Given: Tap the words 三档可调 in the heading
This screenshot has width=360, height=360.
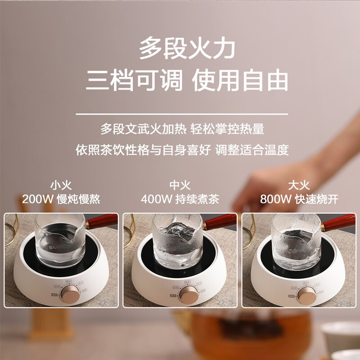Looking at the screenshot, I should (x=135, y=81).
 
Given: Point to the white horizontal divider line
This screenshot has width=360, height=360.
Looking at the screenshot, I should (x=180, y=114).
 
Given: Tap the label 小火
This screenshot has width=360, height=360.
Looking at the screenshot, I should (x=61, y=185).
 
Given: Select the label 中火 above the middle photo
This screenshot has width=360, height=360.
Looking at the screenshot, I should (x=180, y=185).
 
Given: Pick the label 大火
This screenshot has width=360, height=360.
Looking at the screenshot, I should (x=299, y=185).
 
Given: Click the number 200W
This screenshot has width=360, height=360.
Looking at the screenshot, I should (x=38, y=199).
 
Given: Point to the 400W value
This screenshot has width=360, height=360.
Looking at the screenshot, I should (x=157, y=199).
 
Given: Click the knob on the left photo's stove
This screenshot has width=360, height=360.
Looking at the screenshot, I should (x=71, y=295).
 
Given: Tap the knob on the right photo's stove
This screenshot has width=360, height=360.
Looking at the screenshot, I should (x=308, y=295).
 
